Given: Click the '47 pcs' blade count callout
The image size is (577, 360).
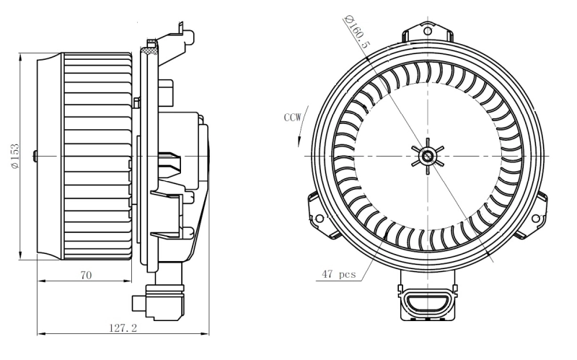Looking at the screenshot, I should pos(339,274).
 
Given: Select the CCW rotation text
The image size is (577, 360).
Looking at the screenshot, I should pos(293,115).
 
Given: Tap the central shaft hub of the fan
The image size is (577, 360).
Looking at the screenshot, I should pos(426,156).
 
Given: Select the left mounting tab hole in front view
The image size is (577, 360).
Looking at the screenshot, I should pos(319,217).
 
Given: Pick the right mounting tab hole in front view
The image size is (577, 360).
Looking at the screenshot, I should pos(534,217).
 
